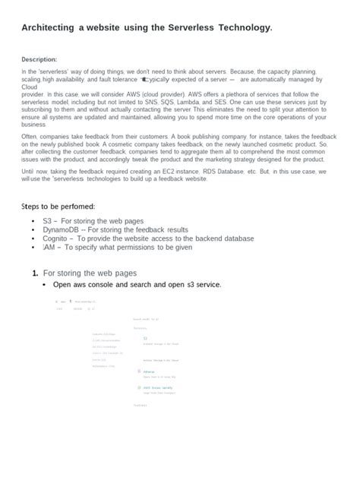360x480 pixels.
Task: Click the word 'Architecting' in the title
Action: click(47, 27)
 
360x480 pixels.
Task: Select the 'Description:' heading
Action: click(39, 58)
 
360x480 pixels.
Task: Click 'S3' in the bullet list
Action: click(47, 220)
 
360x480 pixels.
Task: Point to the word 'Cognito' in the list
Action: click(57, 238)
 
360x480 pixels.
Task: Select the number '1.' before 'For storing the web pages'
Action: click(35, 272)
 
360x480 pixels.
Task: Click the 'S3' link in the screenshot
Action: click(146, 338)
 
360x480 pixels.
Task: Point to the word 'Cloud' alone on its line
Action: click(30, 86)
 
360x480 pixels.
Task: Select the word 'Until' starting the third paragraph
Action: click(29, 172)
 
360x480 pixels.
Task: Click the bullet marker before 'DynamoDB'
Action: click(33, 229)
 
